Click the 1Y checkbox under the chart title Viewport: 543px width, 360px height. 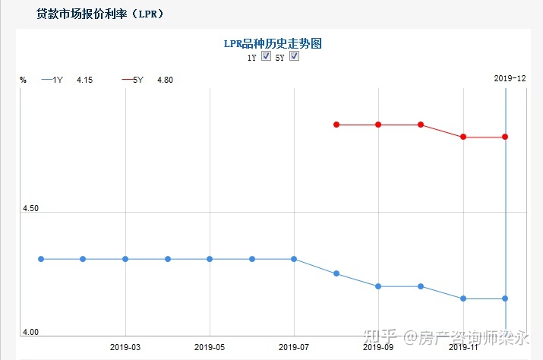(266, 57)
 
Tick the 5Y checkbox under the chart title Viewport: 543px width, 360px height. (294, 57)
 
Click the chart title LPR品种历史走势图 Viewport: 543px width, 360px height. (272, 44)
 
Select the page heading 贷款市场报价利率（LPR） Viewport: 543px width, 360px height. (99, 14)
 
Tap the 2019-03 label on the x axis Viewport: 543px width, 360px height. (125, 347)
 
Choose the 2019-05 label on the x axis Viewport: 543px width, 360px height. (210, 347)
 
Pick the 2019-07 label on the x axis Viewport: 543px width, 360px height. (294, 347)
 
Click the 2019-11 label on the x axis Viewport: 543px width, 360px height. (462, 347)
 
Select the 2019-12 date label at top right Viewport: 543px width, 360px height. (510, 78)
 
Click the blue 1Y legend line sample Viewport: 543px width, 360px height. (47, 80)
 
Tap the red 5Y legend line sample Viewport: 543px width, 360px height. (128, 80)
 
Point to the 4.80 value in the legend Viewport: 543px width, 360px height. (165, 80)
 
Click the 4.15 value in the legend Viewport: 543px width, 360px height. (85, 80)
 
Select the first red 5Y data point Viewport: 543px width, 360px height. (336, 125)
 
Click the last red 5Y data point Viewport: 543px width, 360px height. (505, 137)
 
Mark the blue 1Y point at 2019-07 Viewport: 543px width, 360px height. (294, 259)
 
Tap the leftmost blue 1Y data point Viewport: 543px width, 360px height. (41, 259)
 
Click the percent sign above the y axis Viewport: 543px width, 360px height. (23, 80)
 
